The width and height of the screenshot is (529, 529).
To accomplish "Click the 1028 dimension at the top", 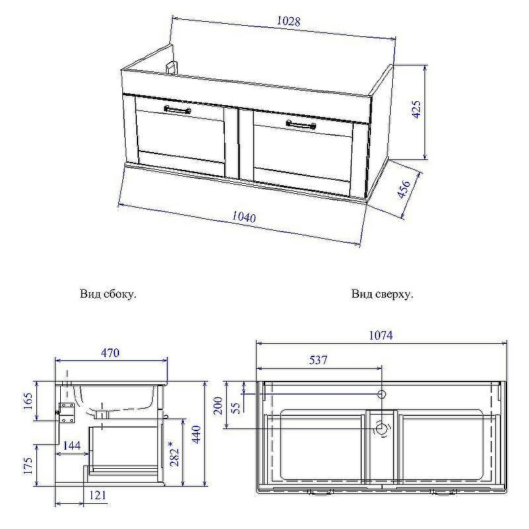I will (288, 21).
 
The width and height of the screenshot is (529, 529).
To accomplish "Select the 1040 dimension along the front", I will (243, 217).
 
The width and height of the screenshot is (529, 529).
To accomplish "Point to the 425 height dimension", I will (417, 110).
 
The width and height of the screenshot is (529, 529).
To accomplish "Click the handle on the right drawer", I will (301, 124).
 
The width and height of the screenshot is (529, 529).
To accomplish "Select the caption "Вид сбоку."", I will (108, 294).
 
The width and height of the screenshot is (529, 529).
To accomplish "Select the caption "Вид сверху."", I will (382, 294).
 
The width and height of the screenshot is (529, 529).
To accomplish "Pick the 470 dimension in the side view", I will (110, 353).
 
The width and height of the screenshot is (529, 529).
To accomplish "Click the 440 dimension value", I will (197, 433).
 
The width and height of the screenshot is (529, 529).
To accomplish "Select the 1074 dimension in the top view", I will (380, 336).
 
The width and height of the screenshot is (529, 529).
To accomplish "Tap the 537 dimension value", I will (318, 360).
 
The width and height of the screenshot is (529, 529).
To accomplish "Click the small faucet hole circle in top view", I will (382, 395).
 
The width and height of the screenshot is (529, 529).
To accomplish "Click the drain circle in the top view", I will (382, 429).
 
